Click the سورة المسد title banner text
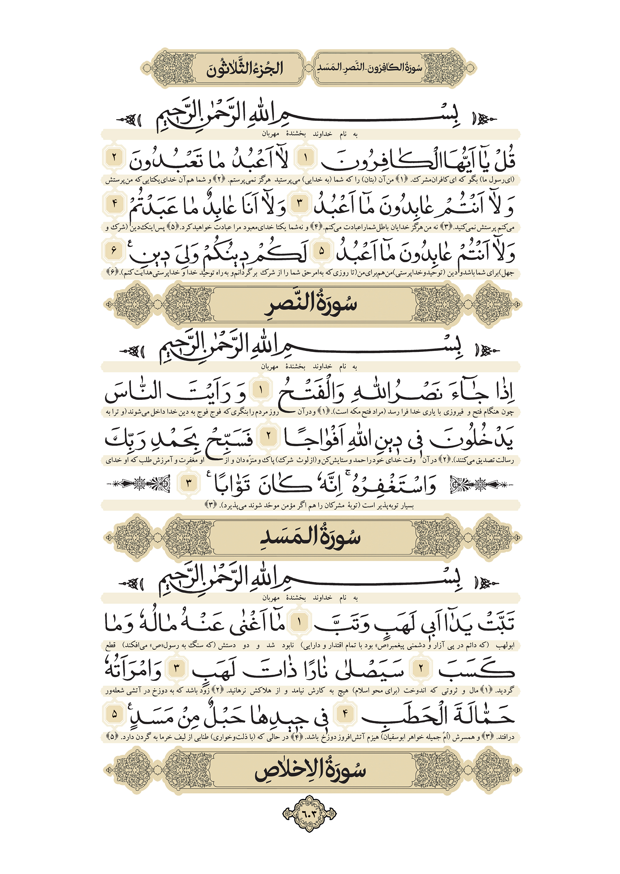pyautogui.click(x=310, y=537)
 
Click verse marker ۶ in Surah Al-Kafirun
pyautogui.click(x=114, y=251)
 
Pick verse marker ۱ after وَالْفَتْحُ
pyautogui.click(x=261, y=390)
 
